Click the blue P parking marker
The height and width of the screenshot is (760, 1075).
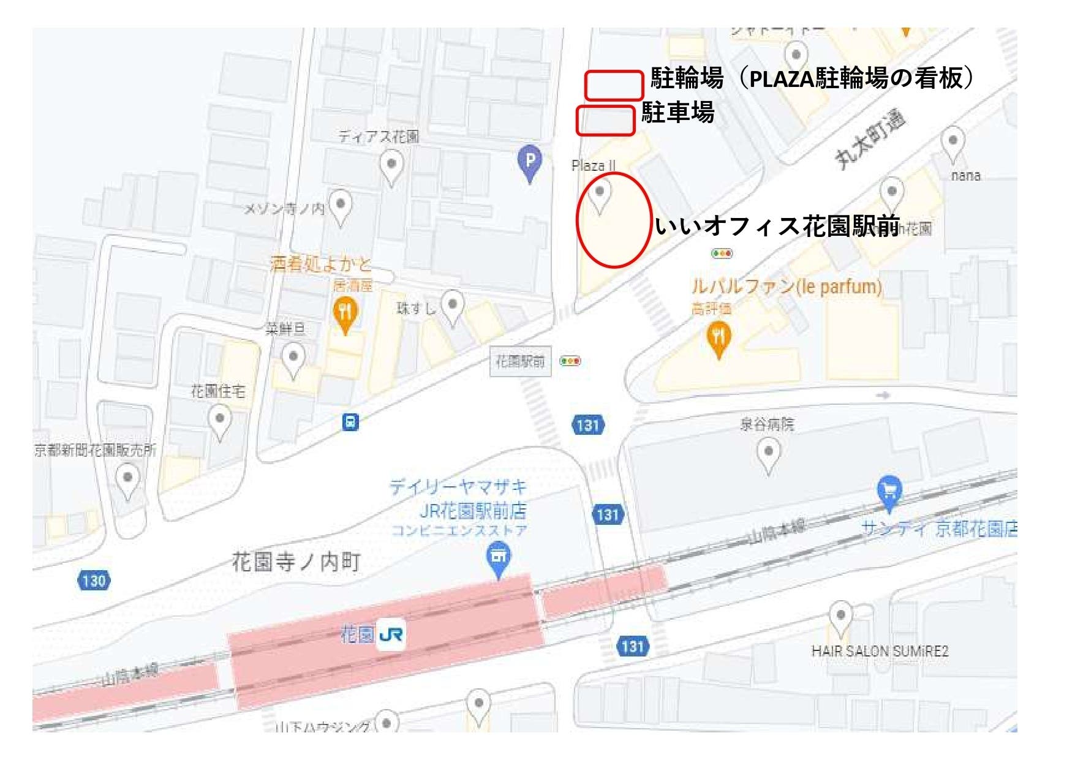click(x=530, y=162)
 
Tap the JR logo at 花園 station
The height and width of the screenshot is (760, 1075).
click(x=391, y=634)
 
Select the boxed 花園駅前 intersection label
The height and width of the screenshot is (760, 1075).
click(x=520, y=361)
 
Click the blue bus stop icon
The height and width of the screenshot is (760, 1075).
click(x=350, y=422)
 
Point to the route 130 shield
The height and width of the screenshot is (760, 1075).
click(x=94, y=580)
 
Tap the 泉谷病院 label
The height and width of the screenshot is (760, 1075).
click(x=767, y=424)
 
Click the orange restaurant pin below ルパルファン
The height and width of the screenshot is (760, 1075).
click(x=719, y=339)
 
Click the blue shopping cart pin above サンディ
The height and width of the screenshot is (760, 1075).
click(x=889, y=492)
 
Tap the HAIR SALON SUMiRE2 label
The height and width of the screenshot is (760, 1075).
click(x=880, y=651)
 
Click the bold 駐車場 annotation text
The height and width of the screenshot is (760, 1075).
click(x=677, y=113)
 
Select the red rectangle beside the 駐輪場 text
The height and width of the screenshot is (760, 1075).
click(x=614, y=85)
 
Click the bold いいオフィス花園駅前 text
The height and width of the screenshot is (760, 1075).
click(x=777, y=226)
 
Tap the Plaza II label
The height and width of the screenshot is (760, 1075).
click(x=593, y=165)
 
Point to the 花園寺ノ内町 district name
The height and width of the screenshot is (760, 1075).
click(x=296, y=562)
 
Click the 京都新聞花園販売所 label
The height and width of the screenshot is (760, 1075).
click(x=96, y=450)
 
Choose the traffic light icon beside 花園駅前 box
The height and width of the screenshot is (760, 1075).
click(x=570, y=361)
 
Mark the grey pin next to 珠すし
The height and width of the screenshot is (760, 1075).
click(x=453, y=306)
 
